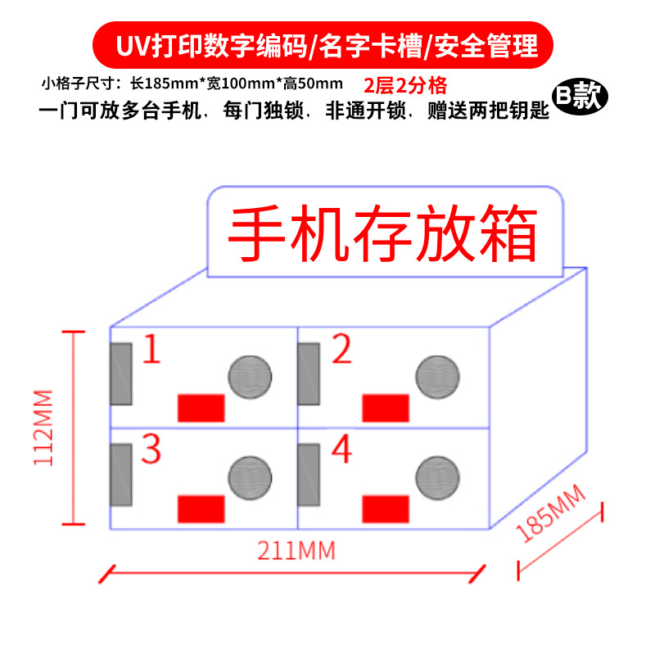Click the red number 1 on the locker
[x=152, y=350]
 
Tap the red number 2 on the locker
[x=341, y=350]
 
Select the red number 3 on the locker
[x=151, y=449]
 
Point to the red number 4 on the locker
[x=341, y=449]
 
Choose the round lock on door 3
[x=249, y=477]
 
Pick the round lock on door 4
[x=437, y=477]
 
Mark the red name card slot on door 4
[x=386, y=508]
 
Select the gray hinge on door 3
[x=121, y=474]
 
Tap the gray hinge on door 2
[x=309, y=373]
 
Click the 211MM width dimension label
[x=296, y=550]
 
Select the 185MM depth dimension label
[x=553, y=513]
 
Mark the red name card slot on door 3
[x=201, y=508]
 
